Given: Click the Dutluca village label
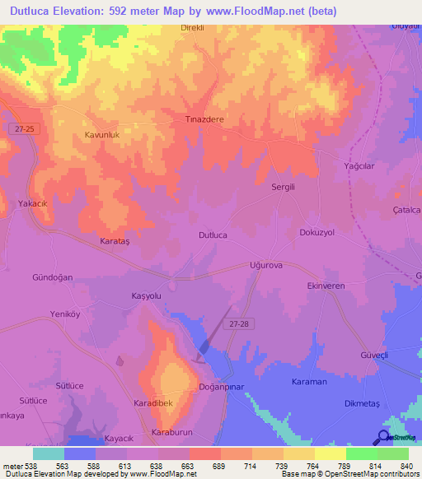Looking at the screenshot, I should click(213, 235).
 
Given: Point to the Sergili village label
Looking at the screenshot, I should click(285, 187).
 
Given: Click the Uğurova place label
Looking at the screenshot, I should click(266, 266).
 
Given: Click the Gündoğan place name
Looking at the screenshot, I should click(53, 277).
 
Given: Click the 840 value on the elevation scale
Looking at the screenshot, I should click(406, 466).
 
